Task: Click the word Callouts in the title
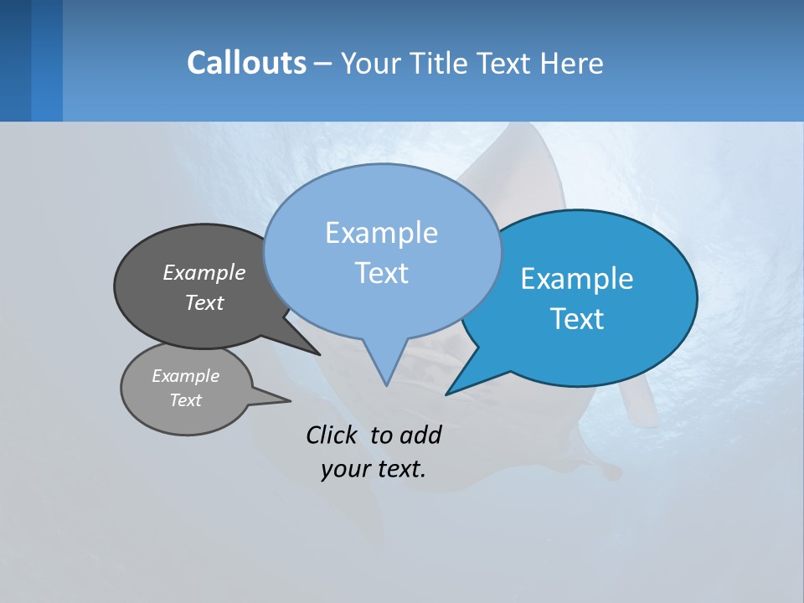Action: (246, 64)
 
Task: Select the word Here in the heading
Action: (572, 64)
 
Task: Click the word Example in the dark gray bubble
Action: (204, 272)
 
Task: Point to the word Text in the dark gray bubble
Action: (204, 302)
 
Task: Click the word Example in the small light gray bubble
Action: (185, 376)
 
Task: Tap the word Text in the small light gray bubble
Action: (185, 400)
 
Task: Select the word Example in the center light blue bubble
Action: (381, 233)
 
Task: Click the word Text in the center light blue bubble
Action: (381, 273)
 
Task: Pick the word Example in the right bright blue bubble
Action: (577, 279)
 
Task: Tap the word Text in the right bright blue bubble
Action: (577, 319)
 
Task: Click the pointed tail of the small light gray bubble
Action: (288, 400)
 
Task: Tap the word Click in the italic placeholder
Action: (333, 435)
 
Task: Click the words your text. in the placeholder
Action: (374, 469)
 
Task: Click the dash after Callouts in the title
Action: (323, 64)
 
